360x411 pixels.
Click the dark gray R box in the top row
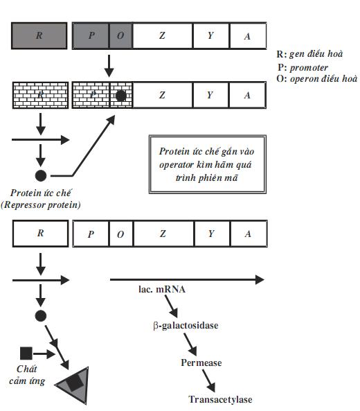click(39, 35)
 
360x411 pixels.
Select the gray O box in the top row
click(120, 35)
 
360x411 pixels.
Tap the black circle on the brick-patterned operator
click(120, 96)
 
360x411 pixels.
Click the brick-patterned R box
click(41, 95)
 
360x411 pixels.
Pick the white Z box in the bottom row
click(163, 234)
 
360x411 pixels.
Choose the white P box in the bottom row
click(91, 234)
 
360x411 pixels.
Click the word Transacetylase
click(220, 399)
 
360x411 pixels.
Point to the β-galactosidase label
click(186, 326)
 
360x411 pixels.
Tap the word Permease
click(201, 362)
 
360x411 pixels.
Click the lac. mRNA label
click(162, 289)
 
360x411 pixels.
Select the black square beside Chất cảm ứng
click(26, 353)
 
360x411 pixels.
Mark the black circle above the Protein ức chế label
click(41, 175)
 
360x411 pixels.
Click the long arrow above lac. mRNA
click(187, 280)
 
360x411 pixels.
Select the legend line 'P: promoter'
click(303, 68)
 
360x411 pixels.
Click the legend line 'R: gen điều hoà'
click(309, 54)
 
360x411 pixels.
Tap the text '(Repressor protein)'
click(41, 204)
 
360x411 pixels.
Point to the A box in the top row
click(248, 35)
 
